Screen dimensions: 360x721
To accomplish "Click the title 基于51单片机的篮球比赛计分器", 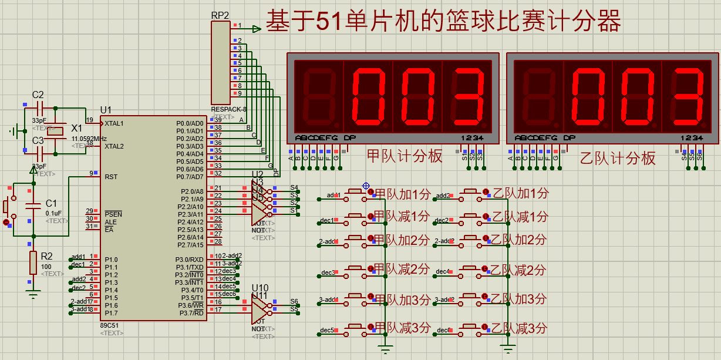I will tap(443, 22).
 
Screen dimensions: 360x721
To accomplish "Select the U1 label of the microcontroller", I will tap(106, 110).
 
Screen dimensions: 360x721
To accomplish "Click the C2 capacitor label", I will tap(38, 95).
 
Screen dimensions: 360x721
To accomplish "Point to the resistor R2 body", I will tap(33, 263).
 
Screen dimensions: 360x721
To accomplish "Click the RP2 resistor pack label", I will tap(220, 15).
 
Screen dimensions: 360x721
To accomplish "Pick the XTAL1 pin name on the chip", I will tap(114, 123).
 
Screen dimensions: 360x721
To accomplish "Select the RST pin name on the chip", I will tap(111, 176).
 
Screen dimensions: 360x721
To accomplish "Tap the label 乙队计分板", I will tap(618, 158).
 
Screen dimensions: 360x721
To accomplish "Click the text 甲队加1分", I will tap(403, 194).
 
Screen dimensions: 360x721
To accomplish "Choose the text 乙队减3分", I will tap(519, 328).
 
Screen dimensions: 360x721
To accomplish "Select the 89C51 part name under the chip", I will tap(109, 325).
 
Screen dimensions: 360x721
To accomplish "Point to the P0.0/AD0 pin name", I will tap(190, 123).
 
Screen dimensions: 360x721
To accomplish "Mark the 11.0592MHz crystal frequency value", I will tap(89, 139).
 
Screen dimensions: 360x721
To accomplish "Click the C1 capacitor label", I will tap(52, 203).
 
